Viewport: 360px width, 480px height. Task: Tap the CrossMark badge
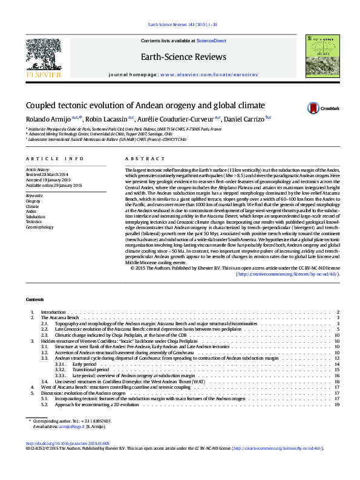[325, 108]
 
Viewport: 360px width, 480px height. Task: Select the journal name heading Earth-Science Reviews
[183, 57]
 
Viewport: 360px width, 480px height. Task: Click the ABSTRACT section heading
[137, 158]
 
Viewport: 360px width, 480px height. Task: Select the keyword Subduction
[36, 216]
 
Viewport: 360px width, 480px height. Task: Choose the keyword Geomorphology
[39, 227]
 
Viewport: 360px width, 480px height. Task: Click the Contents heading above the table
[34, 300]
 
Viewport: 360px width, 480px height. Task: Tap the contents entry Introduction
[53, 313]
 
